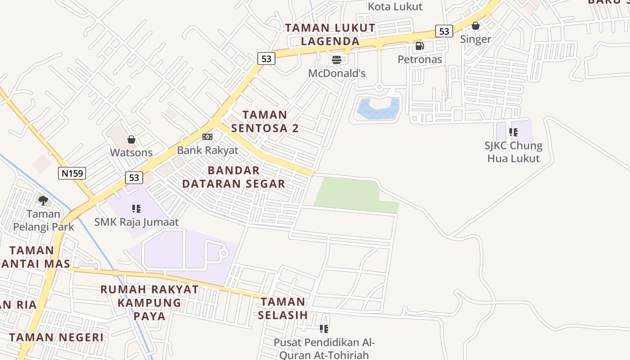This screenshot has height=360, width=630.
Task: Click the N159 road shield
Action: click(72, 173)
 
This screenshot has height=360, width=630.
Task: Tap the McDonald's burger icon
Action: click(336, 59)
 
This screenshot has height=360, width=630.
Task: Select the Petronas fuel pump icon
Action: click(419, 45)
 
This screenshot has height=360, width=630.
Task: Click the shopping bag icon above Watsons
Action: click(131, 139)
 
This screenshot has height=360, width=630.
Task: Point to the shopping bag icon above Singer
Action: click(475, 26)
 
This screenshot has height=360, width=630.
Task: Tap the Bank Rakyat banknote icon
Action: click(207, 136)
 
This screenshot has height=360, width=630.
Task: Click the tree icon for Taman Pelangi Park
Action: click(43, 200)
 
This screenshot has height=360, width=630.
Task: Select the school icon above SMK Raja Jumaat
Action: click(136, 208)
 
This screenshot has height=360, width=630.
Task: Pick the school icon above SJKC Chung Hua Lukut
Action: click(513, 132)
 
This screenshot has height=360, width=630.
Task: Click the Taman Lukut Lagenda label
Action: click(330, 34)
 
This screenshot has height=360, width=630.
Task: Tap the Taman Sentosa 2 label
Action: click(265, 121)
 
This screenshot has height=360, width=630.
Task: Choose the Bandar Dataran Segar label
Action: click(234, 177)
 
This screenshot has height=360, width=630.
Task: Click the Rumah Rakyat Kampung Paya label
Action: click(149, 302)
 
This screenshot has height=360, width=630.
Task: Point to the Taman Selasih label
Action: click(283, 308)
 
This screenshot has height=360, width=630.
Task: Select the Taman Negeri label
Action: click(56, 337)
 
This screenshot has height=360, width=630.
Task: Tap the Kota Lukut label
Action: click(395, 6)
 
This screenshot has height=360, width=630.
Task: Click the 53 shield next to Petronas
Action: click(444, 31)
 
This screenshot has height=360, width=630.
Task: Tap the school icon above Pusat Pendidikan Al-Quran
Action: click(324, 329)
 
